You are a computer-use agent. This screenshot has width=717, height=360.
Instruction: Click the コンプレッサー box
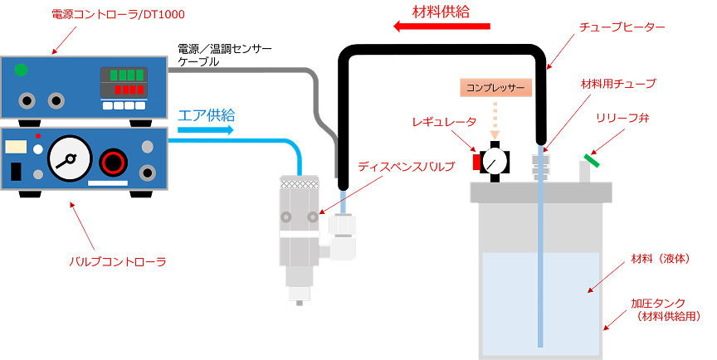pyautogui.click(x=495, y=87)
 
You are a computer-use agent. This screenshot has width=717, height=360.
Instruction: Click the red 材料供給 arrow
pyautogui.click(x=441, y=27)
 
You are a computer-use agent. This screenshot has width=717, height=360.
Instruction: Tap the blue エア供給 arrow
pyautogui.click(x=205, y=130)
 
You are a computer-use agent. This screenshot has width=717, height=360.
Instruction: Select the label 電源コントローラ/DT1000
pyautogui.click(x=118, y=14)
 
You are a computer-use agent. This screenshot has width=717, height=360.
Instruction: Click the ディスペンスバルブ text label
pyautogui.click(x=406, y=167)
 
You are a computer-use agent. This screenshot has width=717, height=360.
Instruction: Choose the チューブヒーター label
pyautogui.click(x=622, y=27)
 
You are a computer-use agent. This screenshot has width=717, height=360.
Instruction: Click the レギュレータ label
pyautogui.click(x=444, y=122)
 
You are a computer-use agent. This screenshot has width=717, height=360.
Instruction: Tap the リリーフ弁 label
pyautogui.click(x=622, y=118)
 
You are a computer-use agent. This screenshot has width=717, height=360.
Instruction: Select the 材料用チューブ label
pyautogui.click(x=618, y=84)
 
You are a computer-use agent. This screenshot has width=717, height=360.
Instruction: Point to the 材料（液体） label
pyautogui.click(x=661, y=259)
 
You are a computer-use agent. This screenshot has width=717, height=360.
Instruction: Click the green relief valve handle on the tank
pyautogui.click(x=592, y=160)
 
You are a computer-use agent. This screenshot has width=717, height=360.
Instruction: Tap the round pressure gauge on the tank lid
pyautogui.click(x=495, y=161)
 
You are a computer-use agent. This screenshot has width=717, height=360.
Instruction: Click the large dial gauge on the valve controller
pyautogui.click(x=70, y=158)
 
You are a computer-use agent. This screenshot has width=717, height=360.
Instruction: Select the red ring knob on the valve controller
pyautogui.click(x=113, y=162)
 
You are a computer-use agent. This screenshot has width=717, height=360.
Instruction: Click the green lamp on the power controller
pyautogui.click(x=21, y=70)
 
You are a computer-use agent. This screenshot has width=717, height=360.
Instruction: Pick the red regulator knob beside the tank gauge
pyautogui.click(x=476, y=162)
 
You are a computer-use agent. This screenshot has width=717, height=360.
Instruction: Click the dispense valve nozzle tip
pyautogui.click(x=299, y=301)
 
